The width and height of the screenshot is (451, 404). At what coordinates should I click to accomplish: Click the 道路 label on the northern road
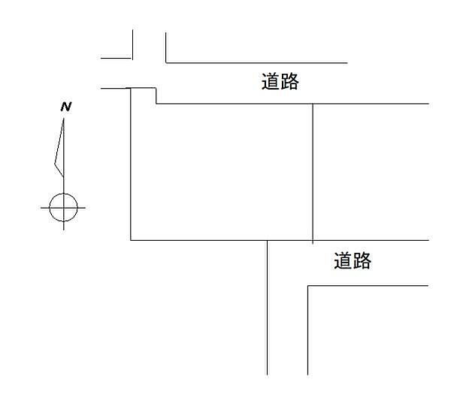[280, 81]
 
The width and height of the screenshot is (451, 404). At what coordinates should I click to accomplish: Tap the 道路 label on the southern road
[353, 260]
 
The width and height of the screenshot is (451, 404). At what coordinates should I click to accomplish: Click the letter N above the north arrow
[66, 107]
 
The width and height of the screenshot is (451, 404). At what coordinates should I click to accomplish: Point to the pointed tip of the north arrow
[63, 118]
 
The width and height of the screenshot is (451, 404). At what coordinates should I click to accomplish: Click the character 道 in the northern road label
[271, 81]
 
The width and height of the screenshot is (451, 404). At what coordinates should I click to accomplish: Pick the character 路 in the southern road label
[362, 260]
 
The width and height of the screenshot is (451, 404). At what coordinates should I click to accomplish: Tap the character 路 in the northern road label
[289, 81]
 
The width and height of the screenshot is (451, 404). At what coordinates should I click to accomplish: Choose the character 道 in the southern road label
[343, 260]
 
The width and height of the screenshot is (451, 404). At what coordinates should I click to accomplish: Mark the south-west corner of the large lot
[131, 240]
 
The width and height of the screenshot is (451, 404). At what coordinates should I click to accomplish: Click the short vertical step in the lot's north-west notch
[156, 96]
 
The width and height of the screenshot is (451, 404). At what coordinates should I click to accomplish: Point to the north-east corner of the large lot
[313, 103]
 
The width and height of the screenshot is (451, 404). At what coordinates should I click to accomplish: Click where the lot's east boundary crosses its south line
[313, 240]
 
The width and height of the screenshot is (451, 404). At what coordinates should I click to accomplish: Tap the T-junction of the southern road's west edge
[267, 240]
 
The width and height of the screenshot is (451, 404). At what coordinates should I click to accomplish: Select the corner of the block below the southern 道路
[307, 286]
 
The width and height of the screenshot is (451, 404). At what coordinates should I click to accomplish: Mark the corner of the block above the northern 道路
[166, 62]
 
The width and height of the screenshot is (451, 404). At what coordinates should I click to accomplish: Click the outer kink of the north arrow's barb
[55, 164]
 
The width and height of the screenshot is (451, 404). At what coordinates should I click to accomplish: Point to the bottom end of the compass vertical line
[64, 230]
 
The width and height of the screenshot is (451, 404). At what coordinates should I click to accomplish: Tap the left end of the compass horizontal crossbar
[41, 208]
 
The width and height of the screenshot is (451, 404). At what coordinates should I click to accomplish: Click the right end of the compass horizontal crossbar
[86, 208]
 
